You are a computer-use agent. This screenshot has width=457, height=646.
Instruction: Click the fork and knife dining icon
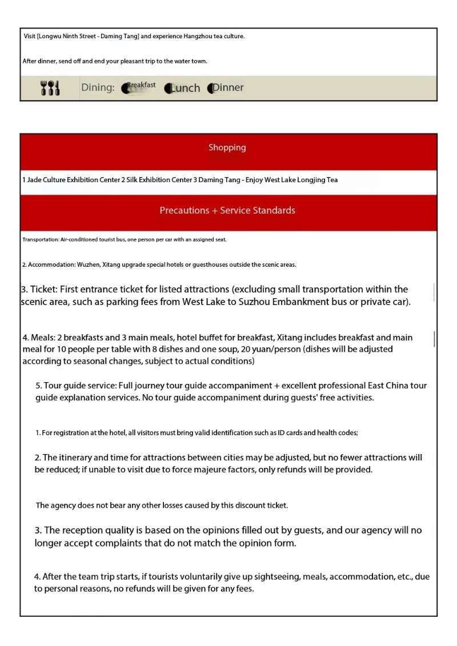point(50,88)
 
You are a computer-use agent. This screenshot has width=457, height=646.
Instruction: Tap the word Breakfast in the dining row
point(141,85)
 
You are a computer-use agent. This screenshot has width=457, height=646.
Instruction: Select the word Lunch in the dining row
point(185,88)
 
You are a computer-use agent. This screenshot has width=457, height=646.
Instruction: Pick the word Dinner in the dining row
point(228,87)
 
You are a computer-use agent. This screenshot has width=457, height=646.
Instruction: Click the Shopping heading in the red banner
point(227,147)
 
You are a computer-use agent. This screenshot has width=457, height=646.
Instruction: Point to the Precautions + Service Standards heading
point(227,210)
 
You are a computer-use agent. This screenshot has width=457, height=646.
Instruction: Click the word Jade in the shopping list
point(34,180)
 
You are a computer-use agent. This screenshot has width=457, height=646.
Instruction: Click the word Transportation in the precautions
point(40,240)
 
